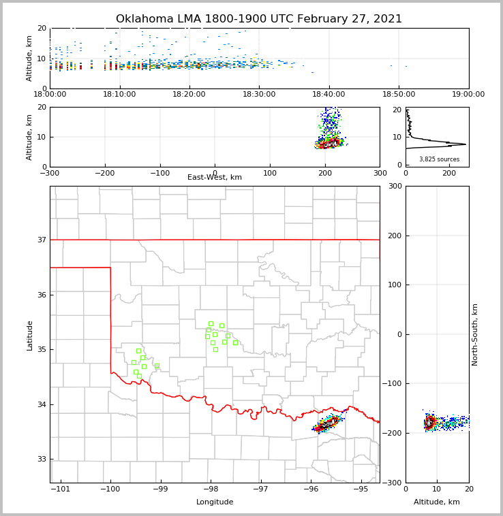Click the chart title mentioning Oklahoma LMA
[259, 19]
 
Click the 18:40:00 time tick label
[329, 95]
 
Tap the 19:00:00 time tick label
[468, 95]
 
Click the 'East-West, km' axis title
[215, 178]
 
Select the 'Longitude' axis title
[215, 502]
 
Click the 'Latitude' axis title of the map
[29, 335]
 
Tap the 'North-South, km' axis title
[475, 334]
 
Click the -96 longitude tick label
[311, 489]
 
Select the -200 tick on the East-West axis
[104, 173]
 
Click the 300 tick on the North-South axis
[393, 186]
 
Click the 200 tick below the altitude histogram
[449, 173]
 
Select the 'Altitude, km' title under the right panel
[437, 502]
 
